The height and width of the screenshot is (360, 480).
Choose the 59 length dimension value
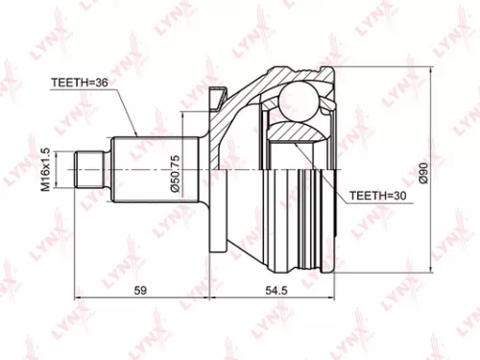coord(140,289)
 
